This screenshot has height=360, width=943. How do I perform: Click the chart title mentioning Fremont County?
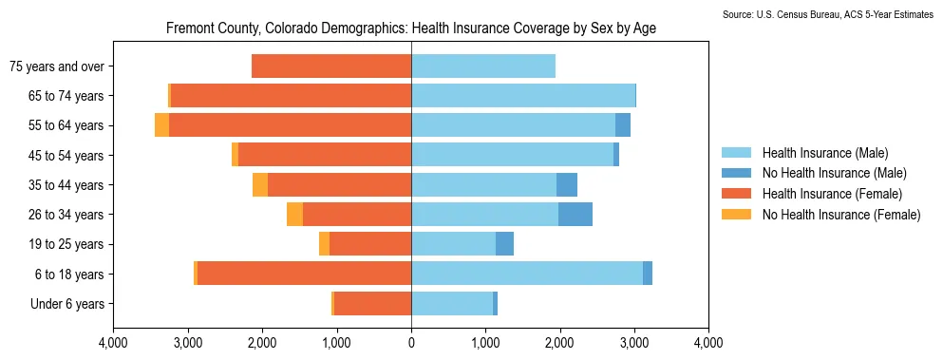click(x=411, y=28)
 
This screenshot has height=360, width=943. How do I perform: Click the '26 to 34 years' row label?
click(x=66, y=215)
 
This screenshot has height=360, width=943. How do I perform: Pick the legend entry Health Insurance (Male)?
click(x=824, y=152)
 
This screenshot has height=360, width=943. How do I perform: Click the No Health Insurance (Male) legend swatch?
click(x=736, y=174)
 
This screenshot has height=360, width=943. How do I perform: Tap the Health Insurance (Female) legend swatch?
click(x=736, y=194)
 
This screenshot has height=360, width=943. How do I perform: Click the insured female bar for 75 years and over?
click(x=331, y=66)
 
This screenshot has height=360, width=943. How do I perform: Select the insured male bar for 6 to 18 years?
click(x=527, y=274)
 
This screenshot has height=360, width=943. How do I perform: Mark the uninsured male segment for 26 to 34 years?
click(x=575, y=215)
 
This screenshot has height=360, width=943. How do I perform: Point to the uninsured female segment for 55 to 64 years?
click(x=161, y=125)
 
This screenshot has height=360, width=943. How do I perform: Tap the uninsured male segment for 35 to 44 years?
click(x=567, y=184)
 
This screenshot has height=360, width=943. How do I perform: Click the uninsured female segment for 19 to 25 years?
click(x=324, y=244)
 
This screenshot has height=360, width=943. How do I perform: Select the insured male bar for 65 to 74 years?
click(x=523, y=96)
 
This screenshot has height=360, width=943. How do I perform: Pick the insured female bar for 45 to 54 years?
click(x=325, y=155)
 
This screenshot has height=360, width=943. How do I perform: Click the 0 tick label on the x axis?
click(x=411, y=344)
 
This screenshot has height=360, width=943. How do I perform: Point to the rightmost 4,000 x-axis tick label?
click(x=709, y=344)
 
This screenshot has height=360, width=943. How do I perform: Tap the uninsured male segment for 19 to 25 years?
click(x=504, y=244)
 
